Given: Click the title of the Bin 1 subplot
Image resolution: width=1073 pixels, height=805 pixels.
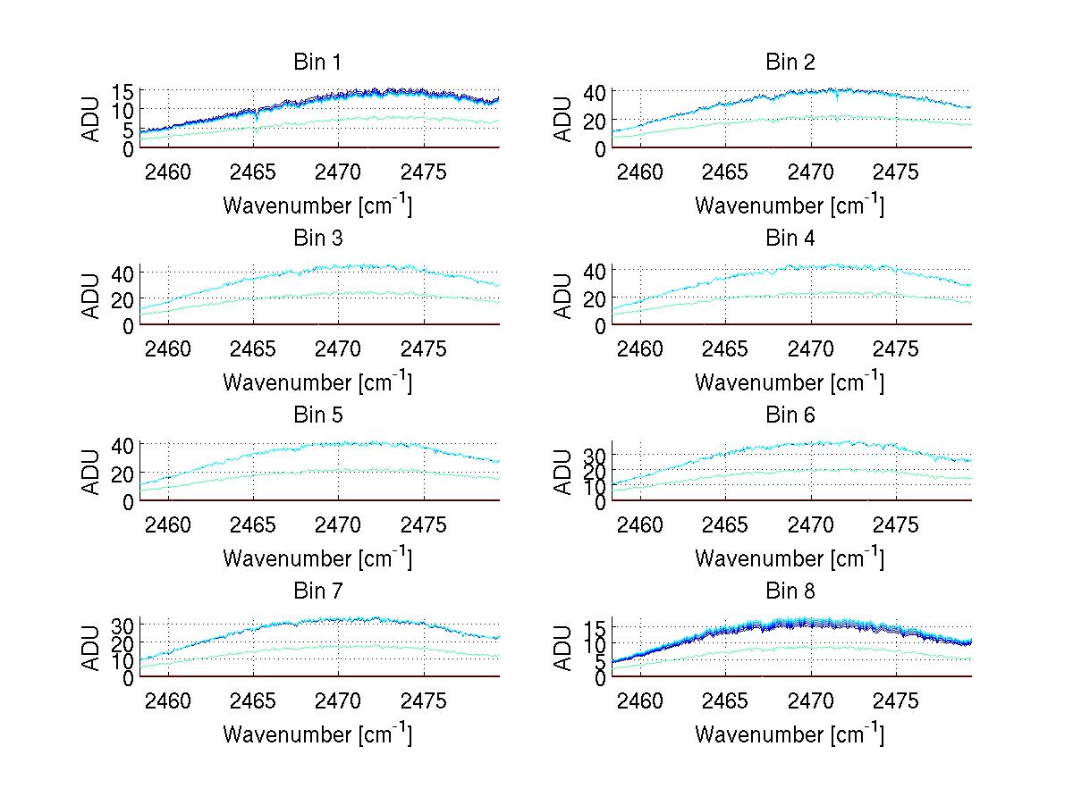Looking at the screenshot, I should pyautogui.click(x=317, y=62).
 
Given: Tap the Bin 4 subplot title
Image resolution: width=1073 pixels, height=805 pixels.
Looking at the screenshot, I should pyautogui.click(x=790, y=238).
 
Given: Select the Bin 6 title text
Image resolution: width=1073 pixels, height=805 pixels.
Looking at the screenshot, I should pyautogui.click(x=790, y=415).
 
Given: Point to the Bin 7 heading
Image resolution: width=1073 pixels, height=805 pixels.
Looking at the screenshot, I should pyautogui.click(x=317, y=591).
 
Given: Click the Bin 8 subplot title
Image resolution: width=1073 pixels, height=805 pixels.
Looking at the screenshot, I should pyautogui.click(x=790, y=591).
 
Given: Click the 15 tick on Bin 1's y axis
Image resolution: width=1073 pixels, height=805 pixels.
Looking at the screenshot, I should pyautogui.click(x=123, y=91).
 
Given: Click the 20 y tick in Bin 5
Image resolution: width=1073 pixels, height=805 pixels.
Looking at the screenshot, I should pyautogui.click(x=123, y=473).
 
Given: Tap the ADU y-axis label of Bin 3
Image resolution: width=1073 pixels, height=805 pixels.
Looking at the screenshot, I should pyautogui.click(x=91, y=297).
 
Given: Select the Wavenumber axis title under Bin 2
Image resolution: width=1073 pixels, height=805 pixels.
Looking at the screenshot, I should pyautogui.click(x=790, y=205).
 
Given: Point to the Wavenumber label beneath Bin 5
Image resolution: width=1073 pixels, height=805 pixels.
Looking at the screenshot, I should pyautogui.click(x=317, y=558).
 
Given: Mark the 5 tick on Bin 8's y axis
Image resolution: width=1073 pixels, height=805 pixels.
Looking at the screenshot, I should pyautogui.click(x=601, y=661).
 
